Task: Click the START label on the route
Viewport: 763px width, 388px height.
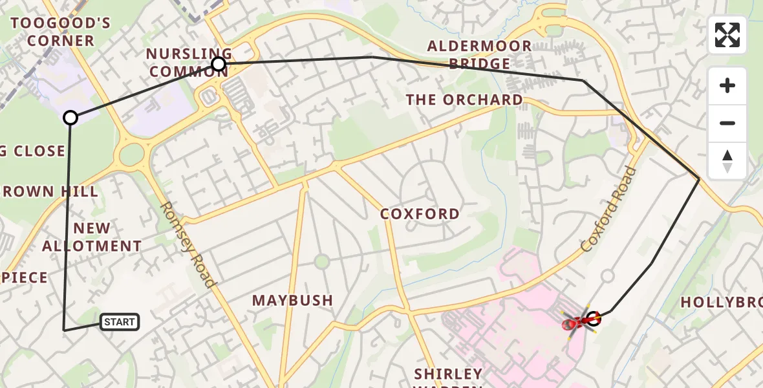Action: [x=120, y=322]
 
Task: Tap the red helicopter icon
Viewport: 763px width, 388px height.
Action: [x=577, y=321]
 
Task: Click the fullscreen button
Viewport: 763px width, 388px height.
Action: [x=727, y=35]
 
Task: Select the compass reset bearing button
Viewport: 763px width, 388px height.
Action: [x=727, y=161]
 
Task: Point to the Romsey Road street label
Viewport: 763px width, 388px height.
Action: [x=187, y=244]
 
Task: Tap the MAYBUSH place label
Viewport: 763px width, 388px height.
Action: [x=292, y=301]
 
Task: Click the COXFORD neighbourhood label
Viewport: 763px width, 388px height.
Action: [x=420, y=214]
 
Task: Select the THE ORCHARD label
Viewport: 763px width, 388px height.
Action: [x=464, y=100]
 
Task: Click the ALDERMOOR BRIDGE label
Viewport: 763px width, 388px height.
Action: [x=479, y=55]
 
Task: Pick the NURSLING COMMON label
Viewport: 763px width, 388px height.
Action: [x=189, y=63]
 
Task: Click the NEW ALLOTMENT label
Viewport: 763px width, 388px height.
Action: [x=92, y=237]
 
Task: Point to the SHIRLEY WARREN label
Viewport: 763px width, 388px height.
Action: [x=448, y=376]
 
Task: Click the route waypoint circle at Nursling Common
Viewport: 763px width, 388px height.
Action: [x=219, y=64]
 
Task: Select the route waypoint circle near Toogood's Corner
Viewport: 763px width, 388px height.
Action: [x=70, y=118]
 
